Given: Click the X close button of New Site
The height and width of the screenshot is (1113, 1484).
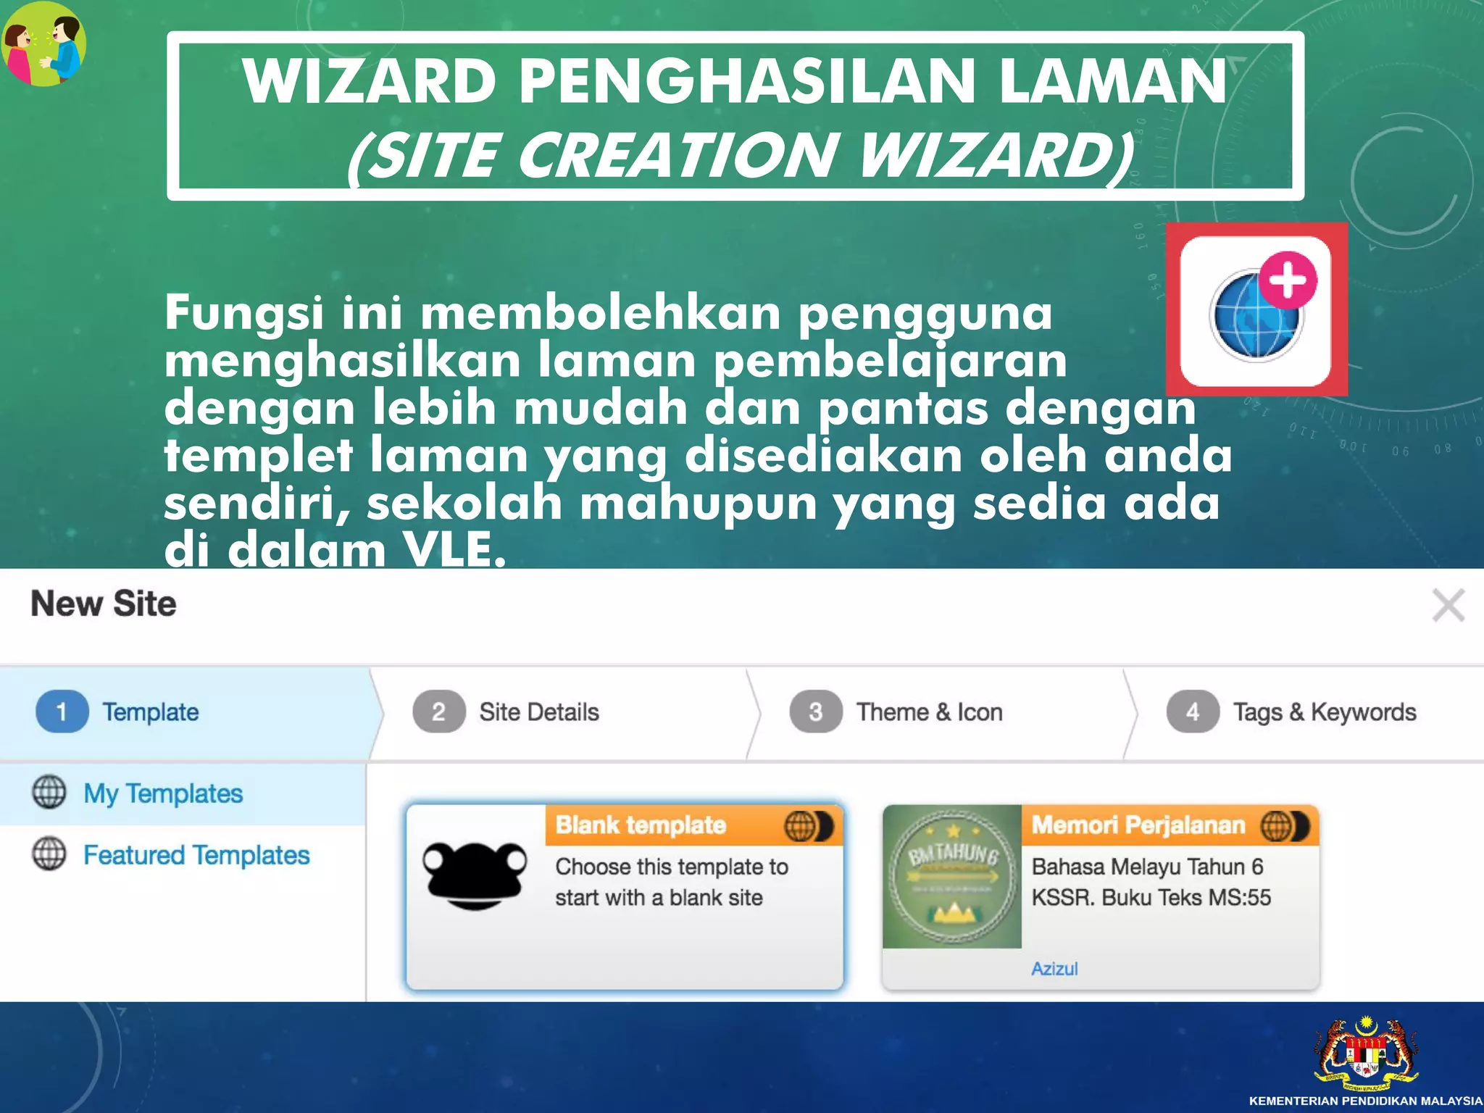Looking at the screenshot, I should coord(1448,605).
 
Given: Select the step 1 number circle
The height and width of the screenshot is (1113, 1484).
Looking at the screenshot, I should coord(62,712).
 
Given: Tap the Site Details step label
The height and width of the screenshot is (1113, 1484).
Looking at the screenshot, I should coord(538,712).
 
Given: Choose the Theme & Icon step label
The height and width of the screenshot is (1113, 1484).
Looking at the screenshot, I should coord(929,712).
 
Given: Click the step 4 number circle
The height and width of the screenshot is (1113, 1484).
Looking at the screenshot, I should coord(1192,712).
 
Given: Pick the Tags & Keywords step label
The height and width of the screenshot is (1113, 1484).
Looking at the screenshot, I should coord(1324,712).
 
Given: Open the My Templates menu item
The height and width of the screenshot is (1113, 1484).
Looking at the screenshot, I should coord(163,793).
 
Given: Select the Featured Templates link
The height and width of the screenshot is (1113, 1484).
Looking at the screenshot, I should coord(196,855).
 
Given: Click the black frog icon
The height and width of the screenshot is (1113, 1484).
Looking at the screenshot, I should coord(475,875).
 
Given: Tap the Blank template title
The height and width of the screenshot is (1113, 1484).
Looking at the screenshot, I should coord(641,825).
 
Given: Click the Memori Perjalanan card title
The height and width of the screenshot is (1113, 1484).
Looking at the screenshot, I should coord(1138,825).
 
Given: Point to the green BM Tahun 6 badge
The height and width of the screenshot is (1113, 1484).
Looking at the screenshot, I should coord(951,876).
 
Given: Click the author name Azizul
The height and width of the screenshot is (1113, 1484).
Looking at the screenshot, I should coord(1054,969).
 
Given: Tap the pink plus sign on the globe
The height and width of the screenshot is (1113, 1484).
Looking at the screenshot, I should coord(1288,280).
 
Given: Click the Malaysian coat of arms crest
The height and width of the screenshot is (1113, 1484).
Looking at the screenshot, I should coord(1366,1054).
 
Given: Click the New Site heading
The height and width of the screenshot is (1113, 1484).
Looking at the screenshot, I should coord(104,604).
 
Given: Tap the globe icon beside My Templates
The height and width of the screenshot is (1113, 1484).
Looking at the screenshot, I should coord(49,792).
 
